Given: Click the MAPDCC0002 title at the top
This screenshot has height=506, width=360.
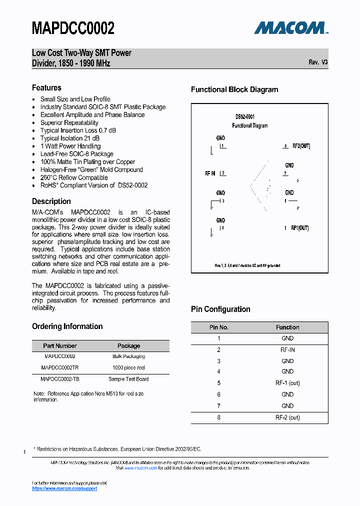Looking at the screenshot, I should click(x=73, y=28).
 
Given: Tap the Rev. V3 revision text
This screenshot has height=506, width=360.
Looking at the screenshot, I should click(x=318, y=62).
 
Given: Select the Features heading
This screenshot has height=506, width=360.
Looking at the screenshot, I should click(x=46, y=87).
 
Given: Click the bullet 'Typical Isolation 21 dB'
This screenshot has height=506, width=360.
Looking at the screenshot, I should click(x=69, y=138).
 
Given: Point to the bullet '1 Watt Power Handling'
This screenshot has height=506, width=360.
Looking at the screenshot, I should click(x=70, y=146).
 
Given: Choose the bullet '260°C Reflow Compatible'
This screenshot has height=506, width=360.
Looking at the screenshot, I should click(x=73, y=177).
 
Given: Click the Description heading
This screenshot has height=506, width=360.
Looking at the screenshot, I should click(x=51, y=201).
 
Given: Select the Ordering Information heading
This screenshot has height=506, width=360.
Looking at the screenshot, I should click(x=67, y=326).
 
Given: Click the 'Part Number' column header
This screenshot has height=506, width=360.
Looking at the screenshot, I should click(x=60, y=345).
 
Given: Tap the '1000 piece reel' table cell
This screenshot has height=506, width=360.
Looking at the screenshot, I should click(x=128, y=367).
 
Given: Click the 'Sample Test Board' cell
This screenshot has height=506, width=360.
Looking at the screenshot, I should click(x=128, y=379).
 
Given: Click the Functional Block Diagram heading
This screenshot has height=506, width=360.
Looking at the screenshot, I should click(x=234, y=90).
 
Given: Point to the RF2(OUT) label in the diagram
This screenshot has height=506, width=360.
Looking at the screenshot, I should click(x=301, y=146).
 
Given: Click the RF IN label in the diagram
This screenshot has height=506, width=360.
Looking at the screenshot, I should click(x=210, y=173).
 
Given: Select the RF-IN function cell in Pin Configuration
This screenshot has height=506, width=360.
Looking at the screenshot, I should click(x=287, y=350).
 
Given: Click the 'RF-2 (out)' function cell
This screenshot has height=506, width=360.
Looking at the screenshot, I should click(x=287, y=417).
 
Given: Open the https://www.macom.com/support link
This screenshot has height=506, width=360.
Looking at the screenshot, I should click(x=64, y=488).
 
